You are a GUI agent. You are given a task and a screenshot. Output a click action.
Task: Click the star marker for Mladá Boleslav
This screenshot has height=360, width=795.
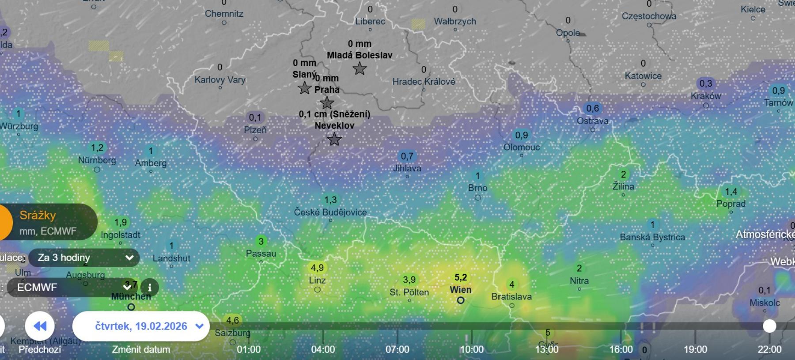360,68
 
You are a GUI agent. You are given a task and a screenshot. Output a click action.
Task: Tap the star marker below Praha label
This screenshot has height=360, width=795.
327,103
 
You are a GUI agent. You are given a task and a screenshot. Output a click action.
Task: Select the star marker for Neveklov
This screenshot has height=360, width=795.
334,139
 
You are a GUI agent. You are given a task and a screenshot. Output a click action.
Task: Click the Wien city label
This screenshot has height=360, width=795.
461,290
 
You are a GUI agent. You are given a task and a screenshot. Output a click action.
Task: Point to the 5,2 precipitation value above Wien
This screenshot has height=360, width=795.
461,277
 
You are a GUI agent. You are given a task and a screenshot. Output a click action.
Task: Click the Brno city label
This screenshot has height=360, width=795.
477,188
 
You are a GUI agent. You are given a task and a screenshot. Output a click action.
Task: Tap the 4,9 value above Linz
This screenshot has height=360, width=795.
317,268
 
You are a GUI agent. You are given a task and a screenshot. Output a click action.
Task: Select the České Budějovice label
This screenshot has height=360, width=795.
330,212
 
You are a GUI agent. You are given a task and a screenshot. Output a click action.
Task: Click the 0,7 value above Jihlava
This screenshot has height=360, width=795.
407,156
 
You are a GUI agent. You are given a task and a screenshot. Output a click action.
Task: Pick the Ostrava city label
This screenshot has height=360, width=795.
592,121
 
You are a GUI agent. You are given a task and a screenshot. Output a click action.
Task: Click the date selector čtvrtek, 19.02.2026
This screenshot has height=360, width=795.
141,326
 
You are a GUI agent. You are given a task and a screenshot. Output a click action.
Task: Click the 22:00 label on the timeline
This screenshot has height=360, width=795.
769,349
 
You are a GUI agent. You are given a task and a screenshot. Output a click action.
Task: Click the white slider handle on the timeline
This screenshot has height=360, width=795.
769,326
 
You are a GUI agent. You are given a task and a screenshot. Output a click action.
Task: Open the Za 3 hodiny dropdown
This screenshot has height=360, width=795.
84,258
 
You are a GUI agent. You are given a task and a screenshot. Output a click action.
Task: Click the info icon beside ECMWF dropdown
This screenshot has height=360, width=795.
150,288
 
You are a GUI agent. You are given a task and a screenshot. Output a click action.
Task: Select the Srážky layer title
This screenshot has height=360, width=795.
38,215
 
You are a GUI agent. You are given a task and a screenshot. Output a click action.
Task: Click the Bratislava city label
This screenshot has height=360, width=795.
511,296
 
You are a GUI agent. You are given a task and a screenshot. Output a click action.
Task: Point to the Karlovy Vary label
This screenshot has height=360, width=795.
220,80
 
